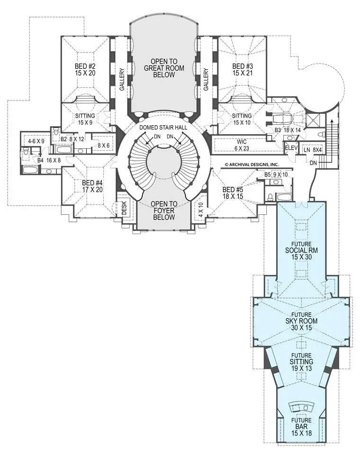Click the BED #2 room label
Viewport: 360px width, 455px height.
85,70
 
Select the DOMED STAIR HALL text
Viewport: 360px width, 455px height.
163,128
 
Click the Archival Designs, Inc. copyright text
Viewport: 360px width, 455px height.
252,165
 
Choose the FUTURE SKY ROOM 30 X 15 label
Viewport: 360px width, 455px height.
301,321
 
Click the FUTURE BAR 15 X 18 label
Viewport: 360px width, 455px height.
301,426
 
